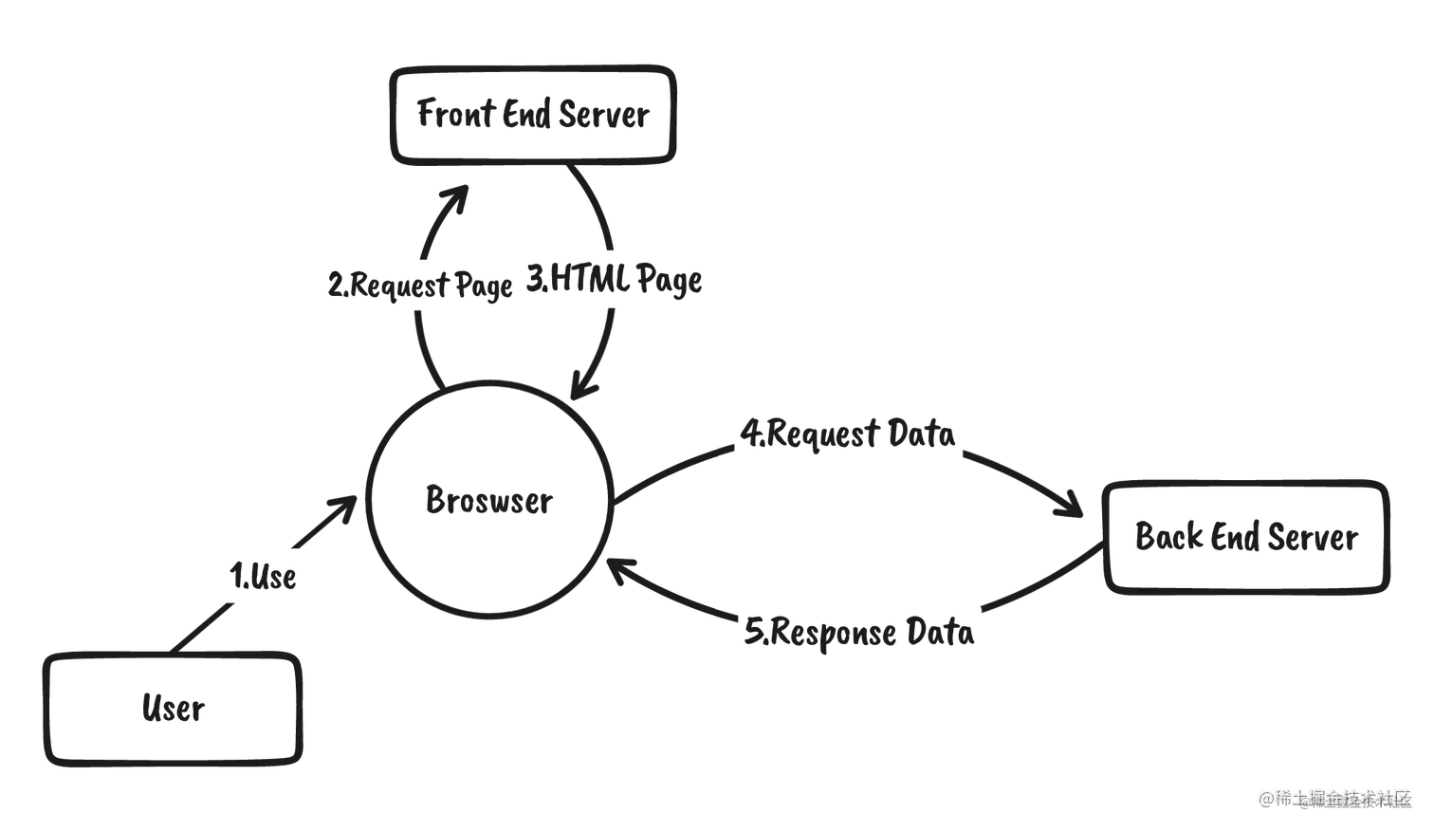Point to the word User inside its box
coord(173,710)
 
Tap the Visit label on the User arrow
coord(266,575)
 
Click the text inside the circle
coord(487,499)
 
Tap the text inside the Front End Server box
coord(534,116)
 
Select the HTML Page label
coord(614,279)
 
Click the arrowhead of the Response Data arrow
coord(627,569)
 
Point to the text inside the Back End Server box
coord(1246,538)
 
